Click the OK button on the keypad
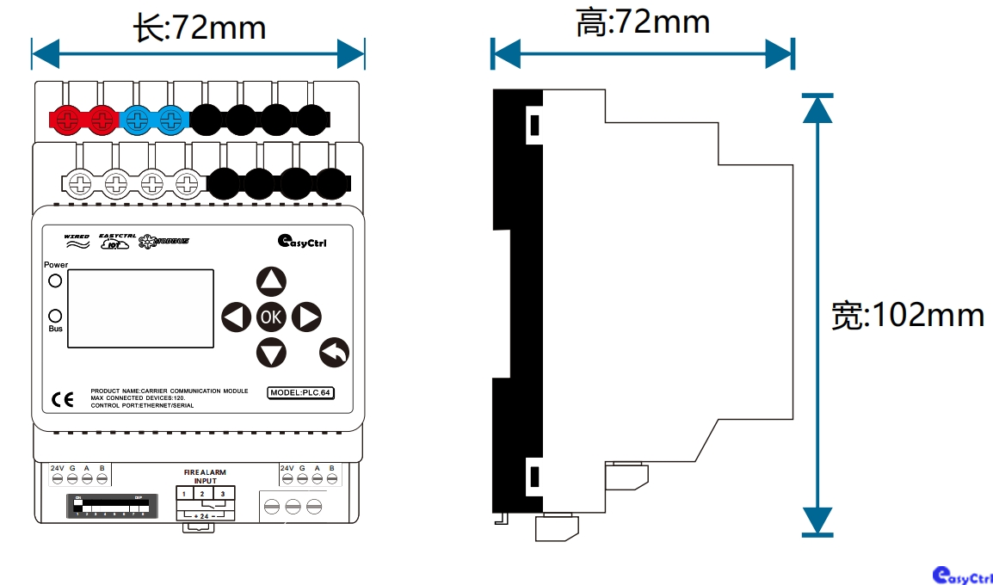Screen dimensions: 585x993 pyautogui.click(x=271, y=317)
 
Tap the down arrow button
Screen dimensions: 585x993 pyautogui.click(x=271, y=352)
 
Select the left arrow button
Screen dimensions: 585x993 pyautogui.click(x=236, y=317)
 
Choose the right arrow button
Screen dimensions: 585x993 pyautogui.click(x=306, y=317)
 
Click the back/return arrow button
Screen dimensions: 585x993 pyautogui.click(x=334, y=352)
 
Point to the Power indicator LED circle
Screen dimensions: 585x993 pyautogui.click(x=55, y=280)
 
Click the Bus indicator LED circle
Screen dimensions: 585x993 pyautogui.click(x=55, y=315)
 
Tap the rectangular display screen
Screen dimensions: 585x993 pyautogui.click(x=140, y=308)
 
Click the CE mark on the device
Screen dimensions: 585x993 pyautogui.click(x=63, y=398)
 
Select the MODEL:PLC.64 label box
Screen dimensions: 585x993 pyautogui.click(x=300, y=393)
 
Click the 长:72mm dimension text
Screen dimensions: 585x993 pyautogui.click(x=200, y=28)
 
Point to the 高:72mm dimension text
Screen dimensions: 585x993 pyautogui.click(x=643, y=23)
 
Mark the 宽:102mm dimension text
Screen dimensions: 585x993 pyautogui.click(x=908, y=315)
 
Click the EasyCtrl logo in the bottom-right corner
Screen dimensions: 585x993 pyautogui.click(x=962, y=576)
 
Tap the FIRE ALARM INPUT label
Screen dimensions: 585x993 pyautogui.click(x=206, y=477)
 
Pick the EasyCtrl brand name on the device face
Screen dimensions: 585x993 pyautogui.click(x=302, y=242)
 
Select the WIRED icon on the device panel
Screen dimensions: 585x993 pyautogui.click(x=77, y=241)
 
